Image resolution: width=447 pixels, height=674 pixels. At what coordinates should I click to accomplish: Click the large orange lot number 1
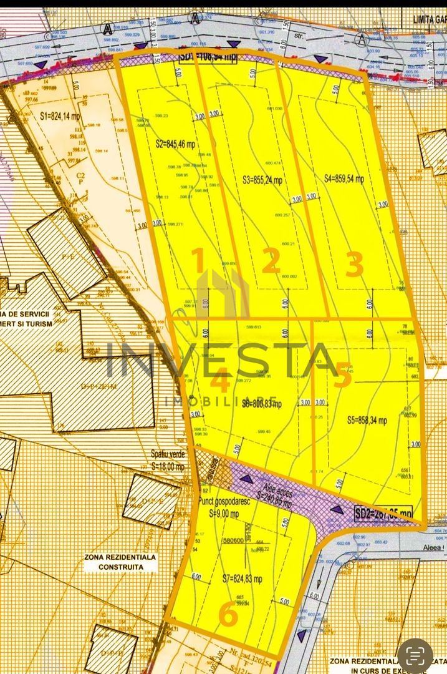click(x=198, y=261)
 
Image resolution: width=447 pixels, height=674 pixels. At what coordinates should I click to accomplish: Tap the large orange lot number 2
click(x=270, y=263)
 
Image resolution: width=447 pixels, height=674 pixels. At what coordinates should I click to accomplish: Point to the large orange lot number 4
click(x=220, y=379)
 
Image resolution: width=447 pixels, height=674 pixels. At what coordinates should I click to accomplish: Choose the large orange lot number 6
click(x=229, y=616)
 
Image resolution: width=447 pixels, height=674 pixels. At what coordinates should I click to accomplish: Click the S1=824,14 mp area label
click(x=60, y=115)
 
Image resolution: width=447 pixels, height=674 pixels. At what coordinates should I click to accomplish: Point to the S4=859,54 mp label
click(x=344, y=178)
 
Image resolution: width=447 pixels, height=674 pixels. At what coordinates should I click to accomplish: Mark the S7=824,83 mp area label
click(x=243, y=579)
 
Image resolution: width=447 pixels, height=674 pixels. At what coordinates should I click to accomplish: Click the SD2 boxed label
click(x=383, y=513)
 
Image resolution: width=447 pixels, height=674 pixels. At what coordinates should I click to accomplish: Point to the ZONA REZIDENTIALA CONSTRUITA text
click(x=120, y=562)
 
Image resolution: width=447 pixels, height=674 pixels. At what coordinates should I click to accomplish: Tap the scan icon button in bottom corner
click(x=416, y=655)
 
